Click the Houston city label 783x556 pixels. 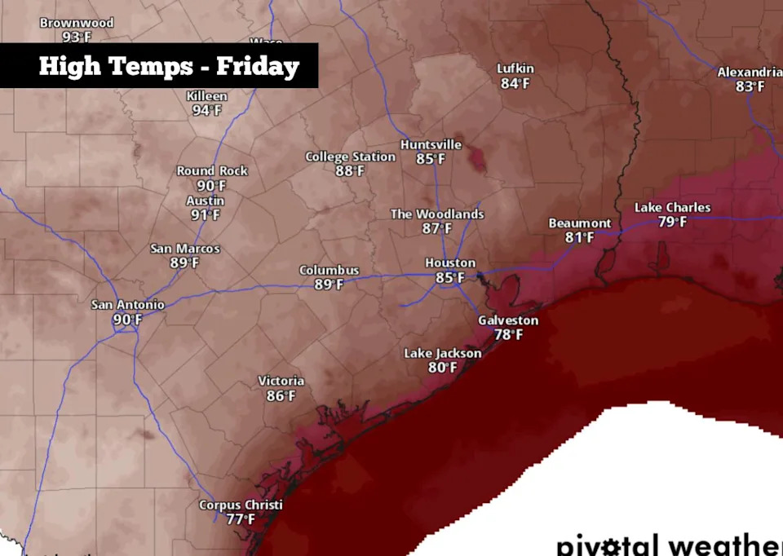pyautogui.click(x=450, y=263)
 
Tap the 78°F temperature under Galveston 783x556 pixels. pyautogui.click(x=508, y=334)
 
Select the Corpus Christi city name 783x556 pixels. pyautogui.click(x=241, y=505)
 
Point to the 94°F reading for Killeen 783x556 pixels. pyautogui.click(x=206, y=110)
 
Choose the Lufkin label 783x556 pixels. pyautogui.click(x=515, y=69)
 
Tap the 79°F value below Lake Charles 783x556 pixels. pyautogui.click(x=672, y=222)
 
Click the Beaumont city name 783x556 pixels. pyautogui.click(x=579, y=223)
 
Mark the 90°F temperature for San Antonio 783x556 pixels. pyautogui.click(x=127, y=320)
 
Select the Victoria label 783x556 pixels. pyautogui.click(x=281, y=382)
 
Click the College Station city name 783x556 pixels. pyautogui.click(x=350, y=157)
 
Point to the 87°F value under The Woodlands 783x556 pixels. pyautogui.click(x=436, y=228)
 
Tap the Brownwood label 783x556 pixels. pyautogui.click(x=77, y=23)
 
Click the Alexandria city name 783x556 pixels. pyautogui.click(x=750, y=73)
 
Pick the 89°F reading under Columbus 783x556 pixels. pyautogui.click(x=329, y=285)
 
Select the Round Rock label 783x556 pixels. pyautogui.click(x=212, y=171)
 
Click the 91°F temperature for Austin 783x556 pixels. pyautogui.click(x=206, y=215)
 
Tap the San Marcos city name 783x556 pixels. pyautogui.click(x=185, y=249)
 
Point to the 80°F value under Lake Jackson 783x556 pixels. pyautogui.click(x=442, y=368)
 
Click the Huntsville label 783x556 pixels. pyautogui.click(x=431, y=145)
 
